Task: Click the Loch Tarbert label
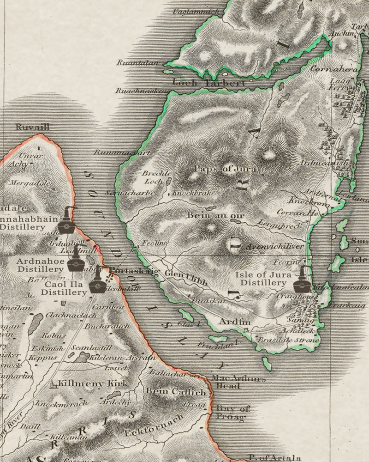(208, 83)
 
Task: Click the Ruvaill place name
(32, 127)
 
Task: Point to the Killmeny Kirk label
(97, 383)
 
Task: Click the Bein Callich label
(175, 392)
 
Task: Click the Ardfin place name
(235, 322)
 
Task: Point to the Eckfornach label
(155, 425)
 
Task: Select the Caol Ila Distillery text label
(63, 288)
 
